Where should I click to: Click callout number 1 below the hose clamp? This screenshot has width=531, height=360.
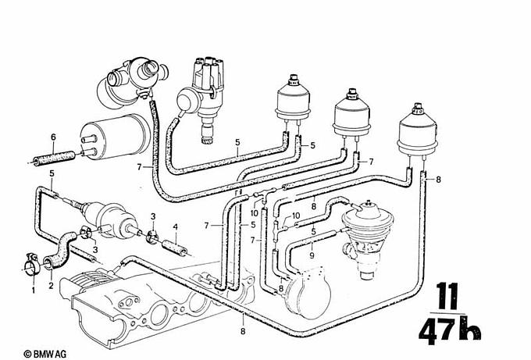click(33, 290)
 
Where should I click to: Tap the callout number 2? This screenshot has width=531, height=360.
click(51, 286)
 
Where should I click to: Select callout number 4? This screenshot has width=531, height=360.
click(175, 226)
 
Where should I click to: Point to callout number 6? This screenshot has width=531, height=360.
click(53, 137)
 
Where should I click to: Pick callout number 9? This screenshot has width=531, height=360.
click(312, 255)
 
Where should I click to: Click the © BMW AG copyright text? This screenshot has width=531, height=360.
click(45, 355)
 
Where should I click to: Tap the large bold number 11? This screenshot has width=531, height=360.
click(447, 296)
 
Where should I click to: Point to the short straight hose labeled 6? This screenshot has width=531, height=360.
click(54, 159)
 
